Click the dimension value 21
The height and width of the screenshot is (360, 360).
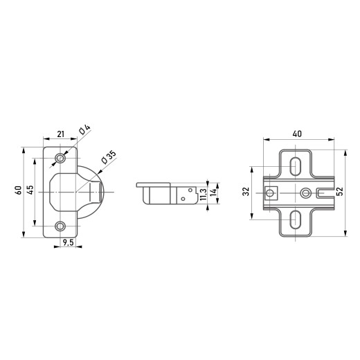[60, 134]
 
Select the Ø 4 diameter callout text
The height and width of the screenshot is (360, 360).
[84, 129]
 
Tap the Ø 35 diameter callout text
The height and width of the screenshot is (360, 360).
[109, 157]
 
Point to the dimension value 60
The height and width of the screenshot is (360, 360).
[19, 190]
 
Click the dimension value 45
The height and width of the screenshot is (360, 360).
[30, 190]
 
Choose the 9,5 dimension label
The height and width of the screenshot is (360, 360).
[68, 242]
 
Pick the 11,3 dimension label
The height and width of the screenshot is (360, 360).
[204, 194]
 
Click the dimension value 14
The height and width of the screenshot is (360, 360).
[213, 192]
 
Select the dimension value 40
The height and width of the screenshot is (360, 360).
[297, 134]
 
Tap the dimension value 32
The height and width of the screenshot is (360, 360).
[246, 192]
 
